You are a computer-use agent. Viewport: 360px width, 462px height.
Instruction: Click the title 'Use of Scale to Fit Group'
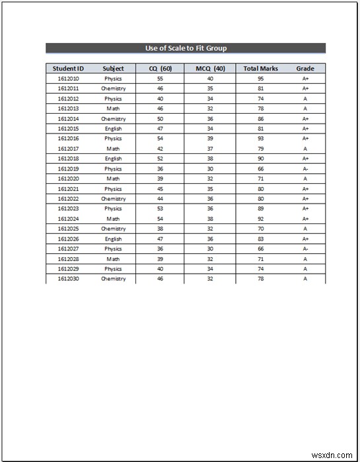186,48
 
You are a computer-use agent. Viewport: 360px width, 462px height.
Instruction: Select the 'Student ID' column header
68,68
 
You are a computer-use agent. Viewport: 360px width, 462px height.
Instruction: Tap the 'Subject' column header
113,68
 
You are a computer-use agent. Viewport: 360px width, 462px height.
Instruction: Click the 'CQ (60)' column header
160,68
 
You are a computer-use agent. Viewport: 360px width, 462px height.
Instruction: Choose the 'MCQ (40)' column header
210,68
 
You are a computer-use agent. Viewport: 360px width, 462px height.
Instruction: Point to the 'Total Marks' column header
260,68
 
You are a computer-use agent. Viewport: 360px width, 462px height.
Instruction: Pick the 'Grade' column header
305,68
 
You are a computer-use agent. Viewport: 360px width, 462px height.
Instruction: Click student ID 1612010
68,79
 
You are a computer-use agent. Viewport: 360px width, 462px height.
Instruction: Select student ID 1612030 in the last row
68,279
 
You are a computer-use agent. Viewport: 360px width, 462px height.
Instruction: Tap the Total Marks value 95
260,79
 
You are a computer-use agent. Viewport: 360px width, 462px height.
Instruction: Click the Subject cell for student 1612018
113,159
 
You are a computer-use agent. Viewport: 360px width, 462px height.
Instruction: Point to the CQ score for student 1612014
160,119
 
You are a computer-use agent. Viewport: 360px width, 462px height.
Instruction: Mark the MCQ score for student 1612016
210,139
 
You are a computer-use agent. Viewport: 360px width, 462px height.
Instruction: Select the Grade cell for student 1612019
305,169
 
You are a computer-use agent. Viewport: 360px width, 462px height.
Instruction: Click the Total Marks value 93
260,139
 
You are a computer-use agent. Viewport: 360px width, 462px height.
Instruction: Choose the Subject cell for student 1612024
113,219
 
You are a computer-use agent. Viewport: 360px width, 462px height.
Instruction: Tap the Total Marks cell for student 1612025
260,229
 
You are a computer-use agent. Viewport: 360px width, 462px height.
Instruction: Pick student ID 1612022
68,199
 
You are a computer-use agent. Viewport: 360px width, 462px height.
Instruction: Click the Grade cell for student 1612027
305,249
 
